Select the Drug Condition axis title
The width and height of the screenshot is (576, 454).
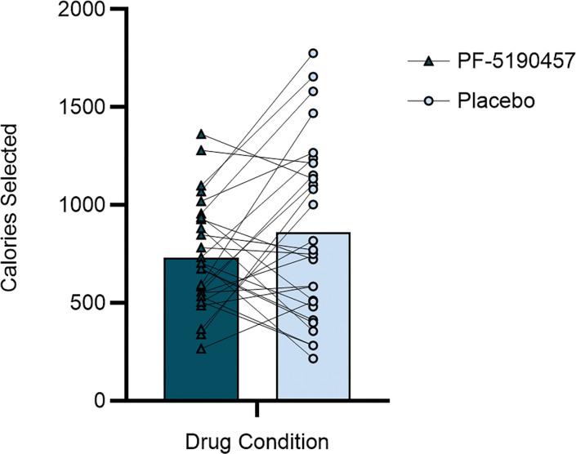[x=257, y=441]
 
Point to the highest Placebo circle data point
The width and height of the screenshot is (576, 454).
[x=313, y=53]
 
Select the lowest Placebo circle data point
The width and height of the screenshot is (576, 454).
[x=313, y=358]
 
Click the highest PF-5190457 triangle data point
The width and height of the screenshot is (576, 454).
[x=201, y=133]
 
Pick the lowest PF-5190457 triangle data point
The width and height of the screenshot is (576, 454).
[x=201, y=349]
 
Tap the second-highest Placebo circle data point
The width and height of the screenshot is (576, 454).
[x=313, y=77]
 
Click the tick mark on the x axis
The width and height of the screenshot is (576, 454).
[x=257, y=407]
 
